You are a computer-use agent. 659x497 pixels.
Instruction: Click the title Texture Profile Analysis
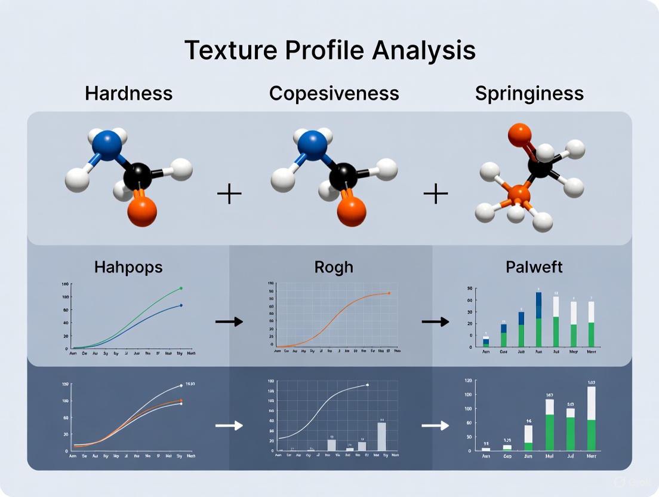329,50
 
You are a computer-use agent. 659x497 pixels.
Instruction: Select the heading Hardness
128,94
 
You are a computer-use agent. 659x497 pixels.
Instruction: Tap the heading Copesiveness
334,94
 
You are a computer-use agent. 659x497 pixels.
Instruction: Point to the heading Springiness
529,94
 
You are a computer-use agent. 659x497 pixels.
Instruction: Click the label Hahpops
128,266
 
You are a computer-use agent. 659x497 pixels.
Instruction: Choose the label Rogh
334,266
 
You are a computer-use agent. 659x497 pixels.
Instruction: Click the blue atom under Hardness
108,146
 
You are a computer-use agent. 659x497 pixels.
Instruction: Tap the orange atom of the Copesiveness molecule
351,211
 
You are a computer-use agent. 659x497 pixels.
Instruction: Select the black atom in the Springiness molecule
540,168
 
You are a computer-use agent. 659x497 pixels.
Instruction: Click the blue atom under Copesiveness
312,145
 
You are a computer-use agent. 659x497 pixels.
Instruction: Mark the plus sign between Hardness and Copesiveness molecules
229,194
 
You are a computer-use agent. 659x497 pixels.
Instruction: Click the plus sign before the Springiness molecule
435,194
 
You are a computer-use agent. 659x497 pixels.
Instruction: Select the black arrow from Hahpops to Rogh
229,321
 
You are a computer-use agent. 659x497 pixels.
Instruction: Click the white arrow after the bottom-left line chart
229,425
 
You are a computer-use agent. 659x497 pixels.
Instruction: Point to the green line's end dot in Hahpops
181,288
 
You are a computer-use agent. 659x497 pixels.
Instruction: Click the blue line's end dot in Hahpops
181,305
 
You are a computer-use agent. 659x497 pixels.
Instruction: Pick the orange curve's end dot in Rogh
389,293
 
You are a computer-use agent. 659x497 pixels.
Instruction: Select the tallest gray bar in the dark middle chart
381,436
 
